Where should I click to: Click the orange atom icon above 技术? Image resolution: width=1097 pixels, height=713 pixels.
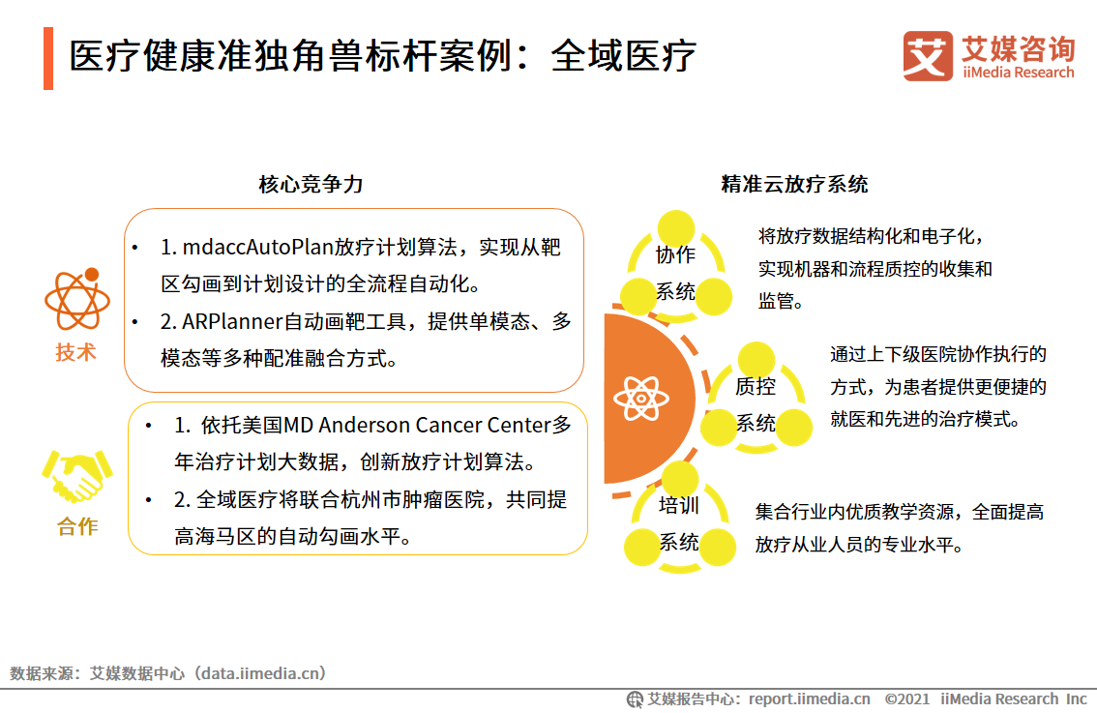pyautogui.click(x=77, y=299)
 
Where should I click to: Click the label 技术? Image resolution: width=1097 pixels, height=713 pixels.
pyautogui.click(x=76, y=352)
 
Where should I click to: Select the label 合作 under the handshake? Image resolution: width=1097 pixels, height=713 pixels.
pyautogui.click(x=77, y=527)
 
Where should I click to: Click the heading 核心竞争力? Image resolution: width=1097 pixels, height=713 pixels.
pyautogui.click(x=311, y=184)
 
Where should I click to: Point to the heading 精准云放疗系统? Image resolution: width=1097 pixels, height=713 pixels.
pyautogui.click(x=794, y=184)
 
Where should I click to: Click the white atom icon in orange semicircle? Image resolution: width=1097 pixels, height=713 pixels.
pyautogui.click(x=639, y=398)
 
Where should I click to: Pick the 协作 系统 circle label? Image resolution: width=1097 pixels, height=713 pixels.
pyautogui.click(x=676, y=272)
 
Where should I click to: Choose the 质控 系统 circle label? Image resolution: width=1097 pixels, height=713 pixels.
pyautogui.click(x=756, y=404)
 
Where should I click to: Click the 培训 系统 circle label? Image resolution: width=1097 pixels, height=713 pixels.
pyautogui.click(x=678, y=523)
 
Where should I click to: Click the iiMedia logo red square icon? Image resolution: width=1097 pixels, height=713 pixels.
pyautogui.click(x=928, y=56)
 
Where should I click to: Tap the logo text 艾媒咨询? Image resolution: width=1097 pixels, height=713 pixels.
pyautogui.click(x=1017, y=47)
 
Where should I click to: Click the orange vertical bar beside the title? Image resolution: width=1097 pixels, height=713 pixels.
pyautogui.click(x=48, y=58)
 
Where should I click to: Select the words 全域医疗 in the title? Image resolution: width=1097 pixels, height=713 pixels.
pyautogui.click(x=623, y=57)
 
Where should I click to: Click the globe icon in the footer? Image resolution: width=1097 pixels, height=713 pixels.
pyautogui.click(x=635, y=698)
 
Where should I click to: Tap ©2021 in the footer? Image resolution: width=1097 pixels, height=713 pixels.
pyautogui.click(x=906, y=698)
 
